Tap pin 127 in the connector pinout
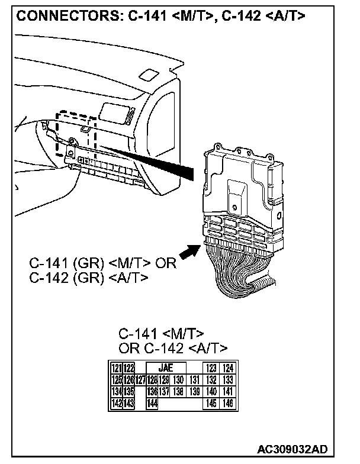[140, 380]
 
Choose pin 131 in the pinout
[194, 380]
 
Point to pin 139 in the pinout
[194, 391]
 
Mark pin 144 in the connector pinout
[152, 403]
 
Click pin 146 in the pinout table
[228, 403]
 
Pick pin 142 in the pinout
[117, 403]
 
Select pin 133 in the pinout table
[228, 380]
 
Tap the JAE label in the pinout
[165, 368]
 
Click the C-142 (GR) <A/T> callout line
[89, 276]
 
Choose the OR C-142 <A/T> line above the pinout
[173, 347]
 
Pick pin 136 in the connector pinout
[152, 391]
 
